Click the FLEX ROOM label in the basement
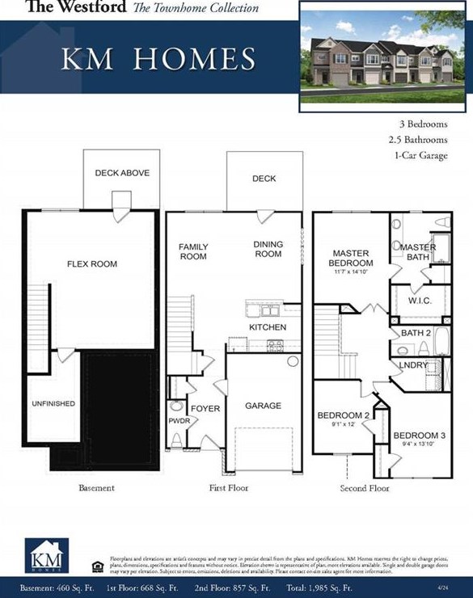pyautogui.click(x=91, y=264)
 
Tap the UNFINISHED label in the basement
pyautogui.click(x=53, y=403)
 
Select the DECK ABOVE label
pyautogui.click(x=122, y=173)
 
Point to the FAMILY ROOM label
pyautogui.click(x=193, y=251)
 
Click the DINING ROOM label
pyautogui.click(x=268, y=249)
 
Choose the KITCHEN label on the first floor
pyautogui.click(x=268, y=327)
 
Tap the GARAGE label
pyautogui.click(x=263, y=406)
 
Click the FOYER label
pyautogui.click(x=205, y=409)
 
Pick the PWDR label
pyautogui.click(x=179, y=421)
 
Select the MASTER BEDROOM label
pyautogui.click(x=352, y=259)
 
